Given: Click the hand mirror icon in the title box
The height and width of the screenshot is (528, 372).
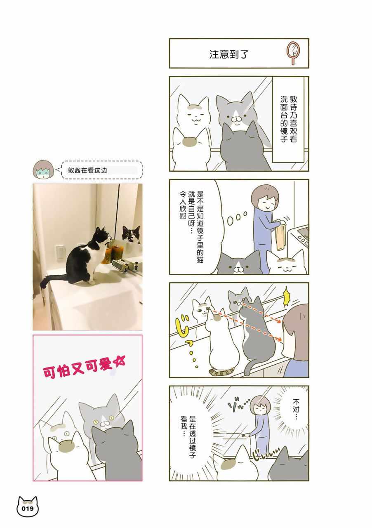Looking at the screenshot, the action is (293, 53).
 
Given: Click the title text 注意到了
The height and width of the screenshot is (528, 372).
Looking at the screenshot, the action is (229, 54).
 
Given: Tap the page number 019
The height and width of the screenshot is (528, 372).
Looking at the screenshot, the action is (27, 508).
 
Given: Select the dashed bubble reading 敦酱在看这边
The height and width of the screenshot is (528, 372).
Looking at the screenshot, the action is (101, 170).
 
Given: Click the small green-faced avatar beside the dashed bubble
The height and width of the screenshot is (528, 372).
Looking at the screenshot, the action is (43, 169).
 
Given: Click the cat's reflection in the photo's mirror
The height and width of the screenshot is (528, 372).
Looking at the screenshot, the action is (131, 235).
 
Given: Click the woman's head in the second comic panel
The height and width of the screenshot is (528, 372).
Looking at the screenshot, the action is (265, 197).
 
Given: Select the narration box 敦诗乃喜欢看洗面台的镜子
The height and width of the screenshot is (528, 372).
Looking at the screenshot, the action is (288, 119).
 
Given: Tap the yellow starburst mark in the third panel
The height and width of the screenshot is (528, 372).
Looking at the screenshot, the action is (287, 298).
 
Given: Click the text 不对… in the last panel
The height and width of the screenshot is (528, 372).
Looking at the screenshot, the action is (296, 408).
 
